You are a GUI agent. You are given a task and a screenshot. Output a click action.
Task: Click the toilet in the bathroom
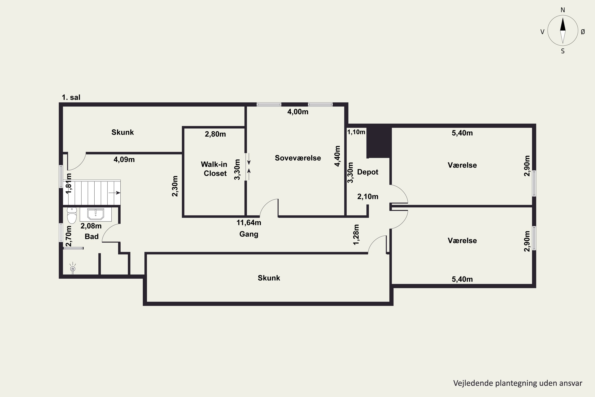72,215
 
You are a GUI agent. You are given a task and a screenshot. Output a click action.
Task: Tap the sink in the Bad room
96,214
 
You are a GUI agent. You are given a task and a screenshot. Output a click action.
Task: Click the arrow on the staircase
115,193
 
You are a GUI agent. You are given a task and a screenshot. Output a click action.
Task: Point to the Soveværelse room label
298,158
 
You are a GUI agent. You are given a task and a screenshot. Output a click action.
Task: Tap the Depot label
368,172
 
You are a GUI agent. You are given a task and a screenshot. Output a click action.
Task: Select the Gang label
249,234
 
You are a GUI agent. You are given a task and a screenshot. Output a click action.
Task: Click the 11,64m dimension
249,223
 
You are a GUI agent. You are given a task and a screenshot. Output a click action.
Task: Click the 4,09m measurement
124,160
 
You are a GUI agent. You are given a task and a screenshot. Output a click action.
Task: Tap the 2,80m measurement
215,134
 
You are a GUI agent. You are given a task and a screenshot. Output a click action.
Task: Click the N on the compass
563,10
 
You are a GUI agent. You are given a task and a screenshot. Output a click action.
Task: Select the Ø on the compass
583,32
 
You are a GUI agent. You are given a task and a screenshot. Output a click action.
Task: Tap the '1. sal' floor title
71,97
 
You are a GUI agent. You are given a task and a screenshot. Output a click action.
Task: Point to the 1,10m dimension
356,132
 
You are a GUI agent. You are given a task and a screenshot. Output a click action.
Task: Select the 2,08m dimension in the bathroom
91,226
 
